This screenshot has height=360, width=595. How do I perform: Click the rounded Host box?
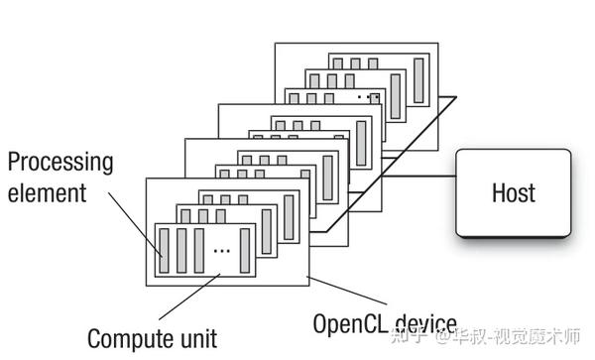pyautogui.click(x=513, y=193)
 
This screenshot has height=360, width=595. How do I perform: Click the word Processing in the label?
pyautogui.click(x=60, y=162)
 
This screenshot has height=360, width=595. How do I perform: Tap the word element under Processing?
pyautogui.click(x=48, y=193)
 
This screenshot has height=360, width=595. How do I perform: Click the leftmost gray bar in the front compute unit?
pyautogui.click(x=164, y=249)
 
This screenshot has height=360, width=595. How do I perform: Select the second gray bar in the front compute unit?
pyautogui.click(x=181, y=249)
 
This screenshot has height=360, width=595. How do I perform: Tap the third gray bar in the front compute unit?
pyautogui.click(x=199, y=249)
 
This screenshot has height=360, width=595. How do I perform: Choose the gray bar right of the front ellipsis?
pyautogui.click(x=243, y=249)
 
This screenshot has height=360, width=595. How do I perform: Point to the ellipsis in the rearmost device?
pyautogui.click(x=373, y=97)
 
